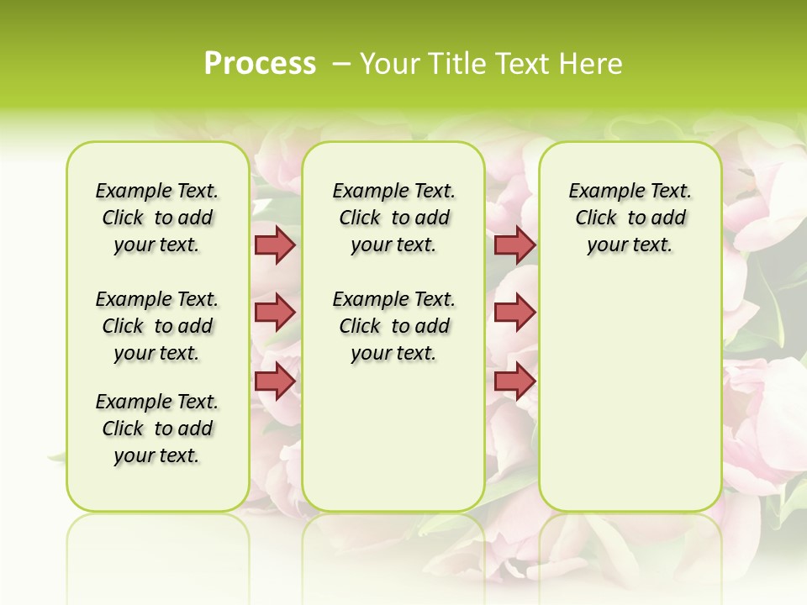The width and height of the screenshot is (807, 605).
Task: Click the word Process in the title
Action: [260, 64]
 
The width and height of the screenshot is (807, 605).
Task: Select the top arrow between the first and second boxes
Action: [275, 245]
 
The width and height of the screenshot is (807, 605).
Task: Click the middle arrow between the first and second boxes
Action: [275, 313]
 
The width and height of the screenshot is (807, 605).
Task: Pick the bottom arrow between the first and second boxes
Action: [275, 381]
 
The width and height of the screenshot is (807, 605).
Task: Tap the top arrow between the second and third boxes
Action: [514, 245]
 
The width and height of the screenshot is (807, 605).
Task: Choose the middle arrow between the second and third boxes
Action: [514, 313]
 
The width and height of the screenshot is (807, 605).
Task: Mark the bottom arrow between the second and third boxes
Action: [514, 381]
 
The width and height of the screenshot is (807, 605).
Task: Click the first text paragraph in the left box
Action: [157, 218]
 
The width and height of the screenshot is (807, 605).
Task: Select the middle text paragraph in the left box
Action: [157, 326]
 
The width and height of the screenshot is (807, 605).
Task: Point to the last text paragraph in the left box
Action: [157, 429]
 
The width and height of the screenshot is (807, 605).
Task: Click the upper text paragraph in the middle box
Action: [394, 218]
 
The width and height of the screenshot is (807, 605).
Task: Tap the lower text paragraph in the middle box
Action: [394, 326]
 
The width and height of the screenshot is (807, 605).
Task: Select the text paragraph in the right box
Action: [630, 218]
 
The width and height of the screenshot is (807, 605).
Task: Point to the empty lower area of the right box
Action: [630, 395]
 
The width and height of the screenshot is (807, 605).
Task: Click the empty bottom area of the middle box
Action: [394, 445]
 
